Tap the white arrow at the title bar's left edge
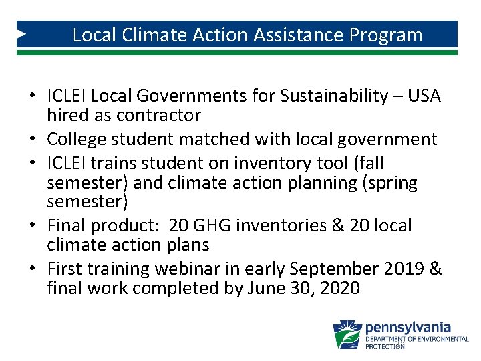[22, 33]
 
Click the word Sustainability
[333, 96]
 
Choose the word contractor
[158, 116]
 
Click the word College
[79, 139]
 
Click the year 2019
[404, 269]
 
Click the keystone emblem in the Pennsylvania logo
[347, 334]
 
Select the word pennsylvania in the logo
[408, 328]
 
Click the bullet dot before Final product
[32, 226]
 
